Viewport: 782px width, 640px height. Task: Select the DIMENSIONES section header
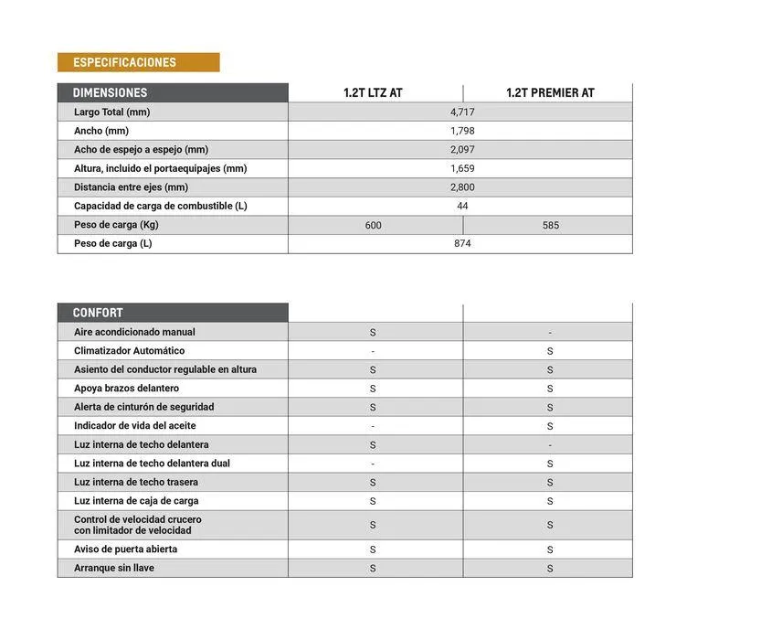tap(110, 93)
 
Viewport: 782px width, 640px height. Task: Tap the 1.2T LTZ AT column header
tap(373, 93)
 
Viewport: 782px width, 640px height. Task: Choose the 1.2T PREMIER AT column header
tap(550, 93)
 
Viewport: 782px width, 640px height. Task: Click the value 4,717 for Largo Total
tap(462, 112)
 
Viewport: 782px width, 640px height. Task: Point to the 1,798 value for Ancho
tap(462, 131)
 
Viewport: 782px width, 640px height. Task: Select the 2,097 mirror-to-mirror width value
tap(462, 150)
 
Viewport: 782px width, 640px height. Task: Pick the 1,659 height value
tap(462, 168)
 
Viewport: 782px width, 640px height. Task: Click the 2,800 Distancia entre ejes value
tap(462, 187)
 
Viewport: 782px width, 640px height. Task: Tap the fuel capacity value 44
tap(462, 207)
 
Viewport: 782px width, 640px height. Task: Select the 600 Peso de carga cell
tap(373, 225)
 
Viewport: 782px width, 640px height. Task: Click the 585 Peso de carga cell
tap(550, 225)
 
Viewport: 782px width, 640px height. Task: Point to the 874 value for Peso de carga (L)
tap(462, 244)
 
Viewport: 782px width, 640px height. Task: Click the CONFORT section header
tap(98, 313)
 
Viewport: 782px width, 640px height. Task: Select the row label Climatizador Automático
tap(129, 351)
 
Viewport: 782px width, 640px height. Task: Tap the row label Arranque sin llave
tap(114, 569)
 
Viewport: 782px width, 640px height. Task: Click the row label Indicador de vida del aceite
tap(134, 426)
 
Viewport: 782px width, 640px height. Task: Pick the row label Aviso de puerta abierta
tap(125, 549)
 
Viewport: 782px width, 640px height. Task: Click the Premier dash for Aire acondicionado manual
tap(550, 333)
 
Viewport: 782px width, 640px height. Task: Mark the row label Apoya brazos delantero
tap(126, 389)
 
